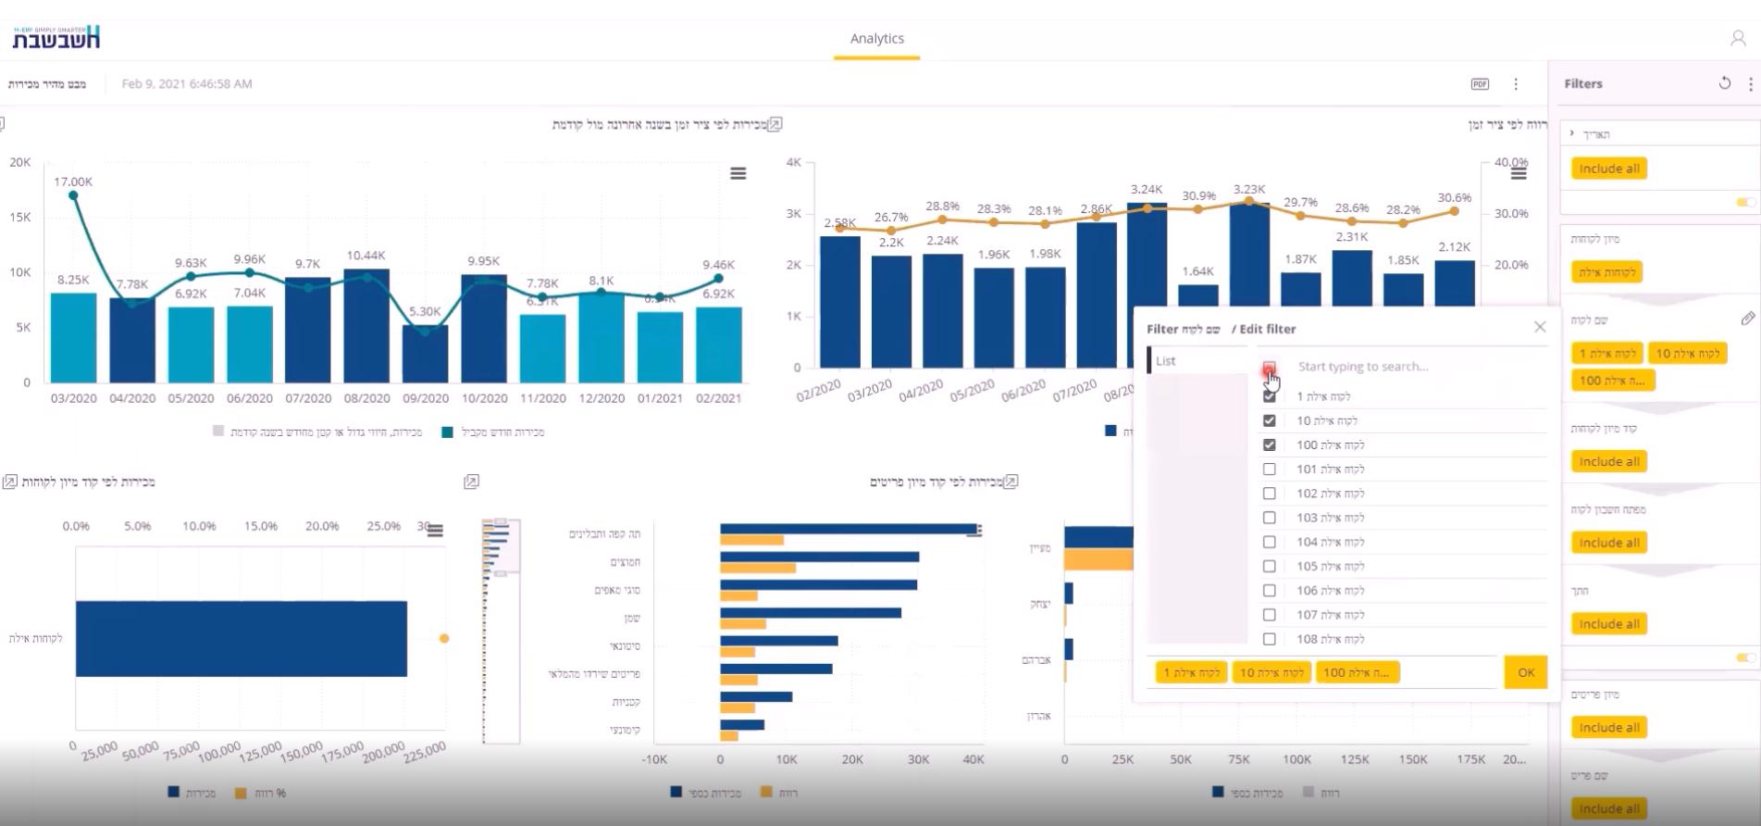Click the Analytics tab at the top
click(876, 39)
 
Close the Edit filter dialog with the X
click(1540, 327)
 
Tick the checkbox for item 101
click(1269, 469)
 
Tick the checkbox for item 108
click(1269, 639)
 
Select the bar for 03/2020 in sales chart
click(73, 337)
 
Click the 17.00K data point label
click(73, 181)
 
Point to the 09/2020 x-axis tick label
click(425, 398)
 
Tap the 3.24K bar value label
click(1147, 189)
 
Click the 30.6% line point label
click(1455, 197)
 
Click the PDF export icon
click(1480, 84)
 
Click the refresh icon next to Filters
click(1724, 83)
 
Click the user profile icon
click(1737, 39)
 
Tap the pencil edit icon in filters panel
click(1747, 319)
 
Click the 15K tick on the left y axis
click(20, 217)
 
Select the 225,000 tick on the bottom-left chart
click(426, 750)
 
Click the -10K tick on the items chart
click(654, 759)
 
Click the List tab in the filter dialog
click(1166, 361)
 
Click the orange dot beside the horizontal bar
click(444, 639)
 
